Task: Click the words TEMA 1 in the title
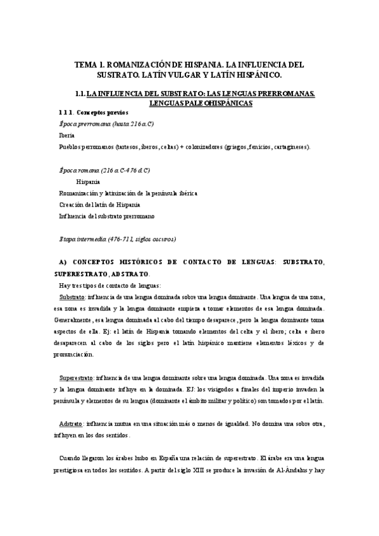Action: click(88, 64)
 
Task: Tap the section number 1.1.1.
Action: click(67, 112)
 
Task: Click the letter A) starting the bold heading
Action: click(61, 262)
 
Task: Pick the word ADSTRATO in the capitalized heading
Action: click(130, 274)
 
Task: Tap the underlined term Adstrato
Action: click(71, 423)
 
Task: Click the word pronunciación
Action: click(73, 355)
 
